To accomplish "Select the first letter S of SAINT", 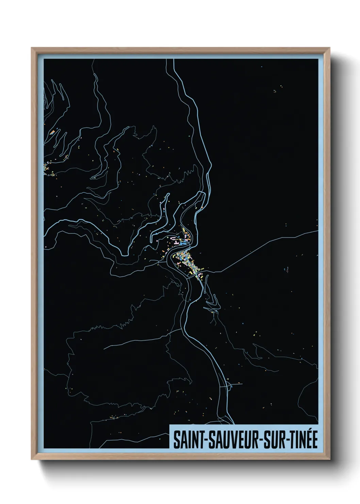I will coord(177,441).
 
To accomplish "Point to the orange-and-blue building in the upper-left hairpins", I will coord(53,131).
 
